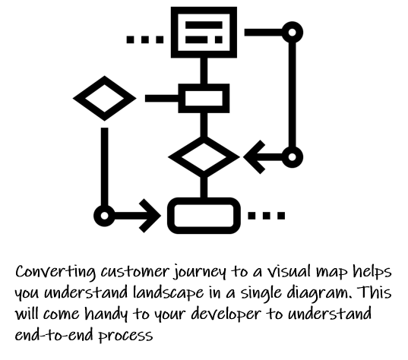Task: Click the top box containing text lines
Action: click(204, 11)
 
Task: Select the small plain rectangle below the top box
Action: click(204, 87)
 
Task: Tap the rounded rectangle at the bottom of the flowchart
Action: click(204, 201)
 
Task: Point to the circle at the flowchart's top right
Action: click(293, 25)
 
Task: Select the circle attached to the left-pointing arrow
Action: click(293, 150)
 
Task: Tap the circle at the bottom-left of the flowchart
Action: click(104, 208)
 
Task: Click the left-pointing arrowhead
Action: click(255, 157)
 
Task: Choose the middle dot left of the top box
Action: click(145, 39)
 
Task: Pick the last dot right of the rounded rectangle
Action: click(281, 216)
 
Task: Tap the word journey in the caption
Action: click(200, 273)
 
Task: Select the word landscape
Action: click(169, 293)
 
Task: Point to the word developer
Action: click(226, 314)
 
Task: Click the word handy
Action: click(106, 314)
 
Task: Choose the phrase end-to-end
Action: click(54, 335)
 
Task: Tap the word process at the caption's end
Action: click(125, 336)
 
